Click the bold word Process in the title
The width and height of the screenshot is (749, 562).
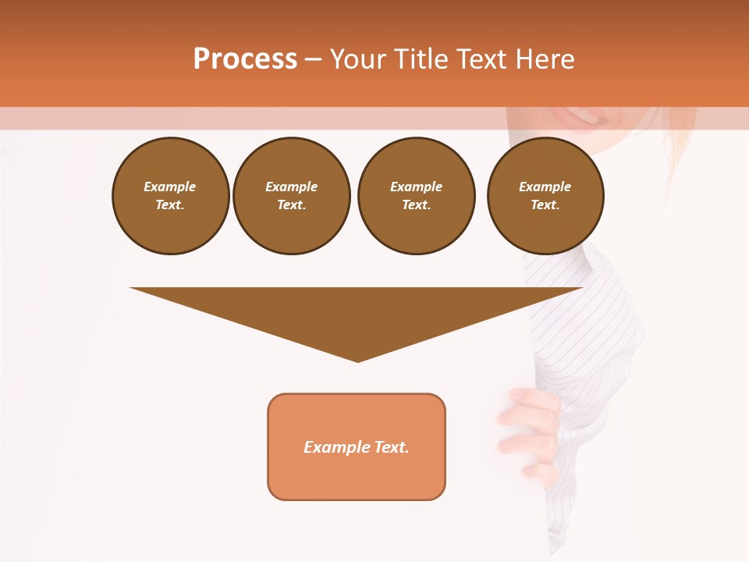(245, 59)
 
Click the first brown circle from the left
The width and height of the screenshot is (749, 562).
(171, 196)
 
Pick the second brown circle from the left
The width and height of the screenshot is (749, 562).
(292, 196)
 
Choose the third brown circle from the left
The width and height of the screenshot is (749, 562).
(417, 196)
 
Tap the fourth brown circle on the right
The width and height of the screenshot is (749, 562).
(545, 196)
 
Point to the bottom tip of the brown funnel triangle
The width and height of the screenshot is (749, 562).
(357, 360)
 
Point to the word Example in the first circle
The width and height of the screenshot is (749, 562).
(170, 187)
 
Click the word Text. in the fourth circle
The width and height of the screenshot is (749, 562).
(545, 205)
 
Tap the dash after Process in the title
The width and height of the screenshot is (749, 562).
(314, 59)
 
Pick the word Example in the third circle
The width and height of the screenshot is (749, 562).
(417, 187)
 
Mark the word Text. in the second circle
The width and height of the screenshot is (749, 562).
(292, 205)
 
